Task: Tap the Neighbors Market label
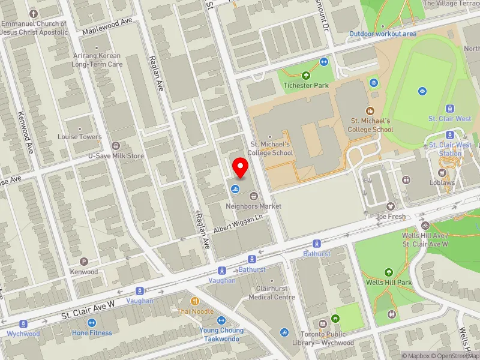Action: coord(253,206)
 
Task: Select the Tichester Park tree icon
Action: coord(306,76)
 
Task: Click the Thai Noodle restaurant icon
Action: coord(194,301)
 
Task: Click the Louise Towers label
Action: coord(80,137)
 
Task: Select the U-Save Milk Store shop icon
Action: coord(116,146)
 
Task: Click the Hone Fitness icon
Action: coord(92,323)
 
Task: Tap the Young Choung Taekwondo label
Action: coord(220,334)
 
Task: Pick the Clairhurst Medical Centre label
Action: coord(272,293)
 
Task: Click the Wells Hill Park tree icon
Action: coord(388,272)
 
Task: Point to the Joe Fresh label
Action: coord(391,216)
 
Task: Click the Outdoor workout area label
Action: coord(383,34)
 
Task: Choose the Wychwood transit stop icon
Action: coord(23,324)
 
